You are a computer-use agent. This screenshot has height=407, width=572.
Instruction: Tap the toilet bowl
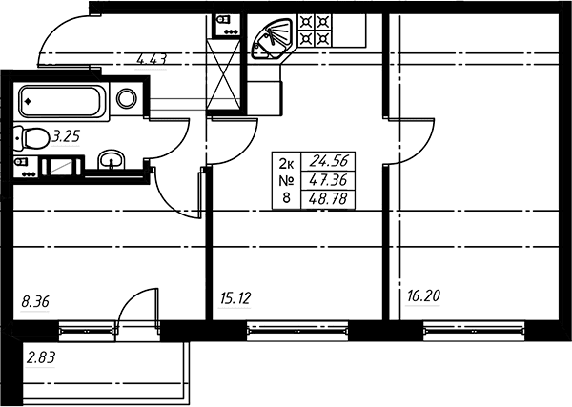(x=32, y=138)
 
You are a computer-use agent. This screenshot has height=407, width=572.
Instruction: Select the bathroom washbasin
(x=112, y=160)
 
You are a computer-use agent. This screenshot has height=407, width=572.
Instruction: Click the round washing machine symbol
(x=127, y=98)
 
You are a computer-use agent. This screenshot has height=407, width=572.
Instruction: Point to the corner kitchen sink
(x=273, y=39)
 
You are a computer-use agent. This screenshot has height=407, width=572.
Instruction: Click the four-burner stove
(x=315, y=31)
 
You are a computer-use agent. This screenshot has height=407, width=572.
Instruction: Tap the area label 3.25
(x=66, y=136)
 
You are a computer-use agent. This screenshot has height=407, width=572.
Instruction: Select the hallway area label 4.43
(x=152, y=59)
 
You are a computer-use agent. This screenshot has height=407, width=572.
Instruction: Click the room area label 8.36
(x=35, y=302)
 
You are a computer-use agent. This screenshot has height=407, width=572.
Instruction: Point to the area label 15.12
(x=235, y=298)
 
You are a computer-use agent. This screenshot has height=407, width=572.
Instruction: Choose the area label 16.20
(x=423, y=295)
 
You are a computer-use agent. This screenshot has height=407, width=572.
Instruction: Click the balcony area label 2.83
(x=41, y=357)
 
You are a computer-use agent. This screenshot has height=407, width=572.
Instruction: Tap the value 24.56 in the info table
(x=328, y=161)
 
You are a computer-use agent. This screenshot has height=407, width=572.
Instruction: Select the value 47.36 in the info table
(x=328, y=180)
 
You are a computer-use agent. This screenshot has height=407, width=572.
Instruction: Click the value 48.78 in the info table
(x=328, y=199)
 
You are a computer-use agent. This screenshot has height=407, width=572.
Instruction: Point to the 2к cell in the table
(x=286, y=164)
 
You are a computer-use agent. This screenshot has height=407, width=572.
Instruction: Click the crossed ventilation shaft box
(x=223, y=74)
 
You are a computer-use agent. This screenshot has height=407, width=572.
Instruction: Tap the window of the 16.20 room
(x=474, y=331)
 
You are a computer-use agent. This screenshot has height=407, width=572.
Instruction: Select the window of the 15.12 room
(x=297, y=331)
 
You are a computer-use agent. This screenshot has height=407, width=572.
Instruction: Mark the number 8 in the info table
(x=286, y=198)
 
